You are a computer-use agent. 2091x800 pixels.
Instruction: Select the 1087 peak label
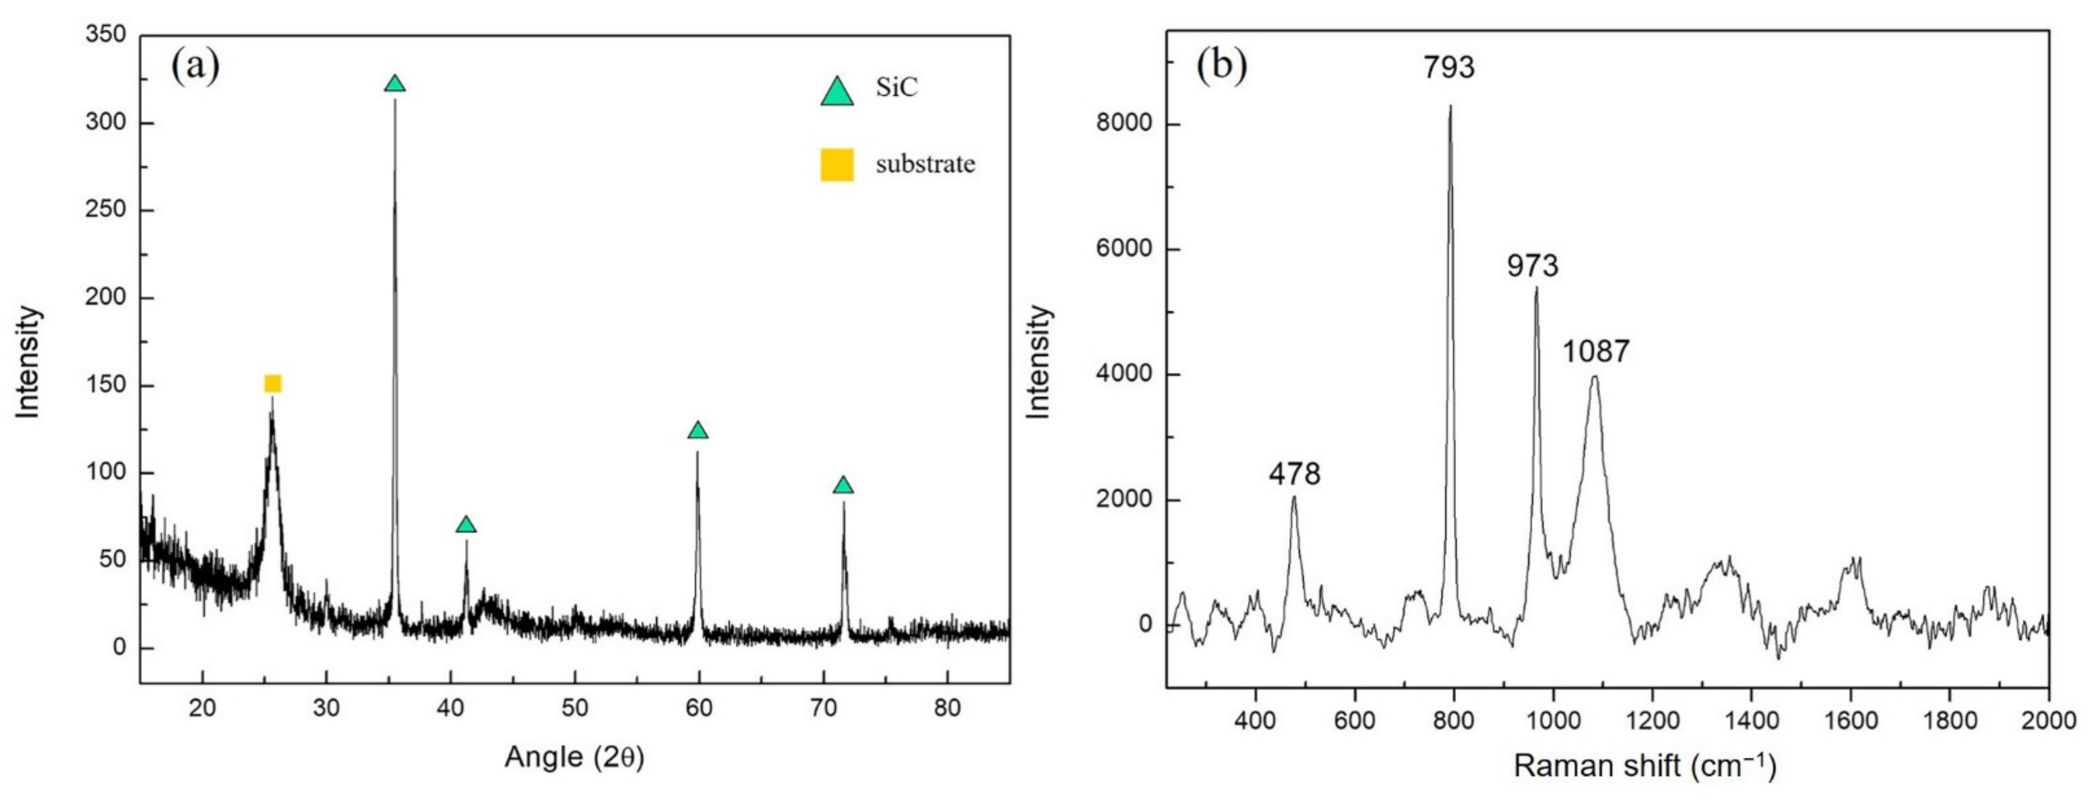coord(1596,351)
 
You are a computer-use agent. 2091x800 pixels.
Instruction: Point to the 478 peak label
coord(1295,474)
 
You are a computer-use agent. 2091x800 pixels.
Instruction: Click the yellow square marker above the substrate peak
coord(273,383)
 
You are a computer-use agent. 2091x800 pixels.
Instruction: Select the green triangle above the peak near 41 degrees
coord(466,525)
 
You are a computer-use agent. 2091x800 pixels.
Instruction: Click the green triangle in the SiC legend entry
coord(837,92)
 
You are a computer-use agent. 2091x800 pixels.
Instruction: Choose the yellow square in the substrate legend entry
coord(837,165)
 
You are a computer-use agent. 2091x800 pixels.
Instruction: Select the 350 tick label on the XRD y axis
coord(106,34)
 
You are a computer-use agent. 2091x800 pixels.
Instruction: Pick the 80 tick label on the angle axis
coord(947,708)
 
